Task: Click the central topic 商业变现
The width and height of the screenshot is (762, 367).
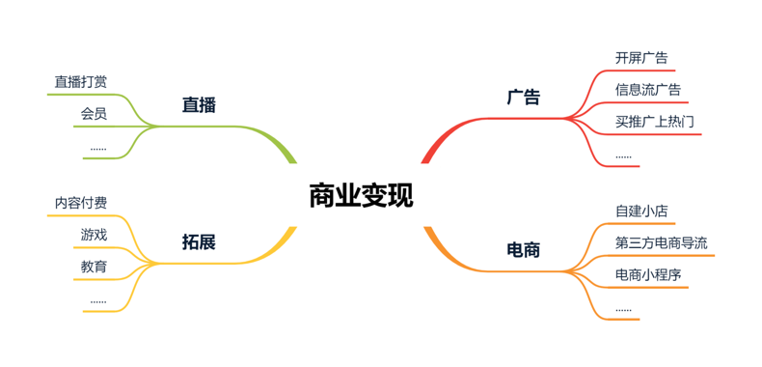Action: tap(362, 196)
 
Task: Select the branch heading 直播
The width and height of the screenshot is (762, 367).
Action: tap(199, 105)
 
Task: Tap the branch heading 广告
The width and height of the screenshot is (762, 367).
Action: tap(524, 97)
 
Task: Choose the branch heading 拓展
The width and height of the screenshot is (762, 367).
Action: tap(199, 242)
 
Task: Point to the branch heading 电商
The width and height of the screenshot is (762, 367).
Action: tap(524, 250)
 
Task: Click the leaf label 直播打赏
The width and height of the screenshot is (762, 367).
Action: tap(81, 82)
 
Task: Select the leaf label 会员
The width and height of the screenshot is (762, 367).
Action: tap(94, 114)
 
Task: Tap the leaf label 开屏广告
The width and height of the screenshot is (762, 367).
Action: tap(641, 58)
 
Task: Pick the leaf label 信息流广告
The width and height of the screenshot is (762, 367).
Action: tap(648, 90)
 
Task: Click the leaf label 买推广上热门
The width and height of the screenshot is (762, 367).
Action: tap(655, 122)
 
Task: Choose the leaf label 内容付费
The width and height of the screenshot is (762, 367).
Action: tap(81, 204)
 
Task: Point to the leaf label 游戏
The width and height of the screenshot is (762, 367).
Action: tap(94, 235)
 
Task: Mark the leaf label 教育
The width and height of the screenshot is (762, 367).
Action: tap(94, 267)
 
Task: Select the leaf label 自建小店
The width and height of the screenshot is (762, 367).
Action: tap(641, 212)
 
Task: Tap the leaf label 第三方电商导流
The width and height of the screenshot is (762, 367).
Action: tap(662, 243)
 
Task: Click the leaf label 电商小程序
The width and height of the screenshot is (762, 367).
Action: tap(648, 275)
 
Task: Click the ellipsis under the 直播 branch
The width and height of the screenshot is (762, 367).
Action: tap(98, 149)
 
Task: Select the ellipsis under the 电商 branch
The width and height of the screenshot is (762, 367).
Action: tap(623, 310)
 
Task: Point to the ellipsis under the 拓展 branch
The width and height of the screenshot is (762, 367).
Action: tap(98, 302)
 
